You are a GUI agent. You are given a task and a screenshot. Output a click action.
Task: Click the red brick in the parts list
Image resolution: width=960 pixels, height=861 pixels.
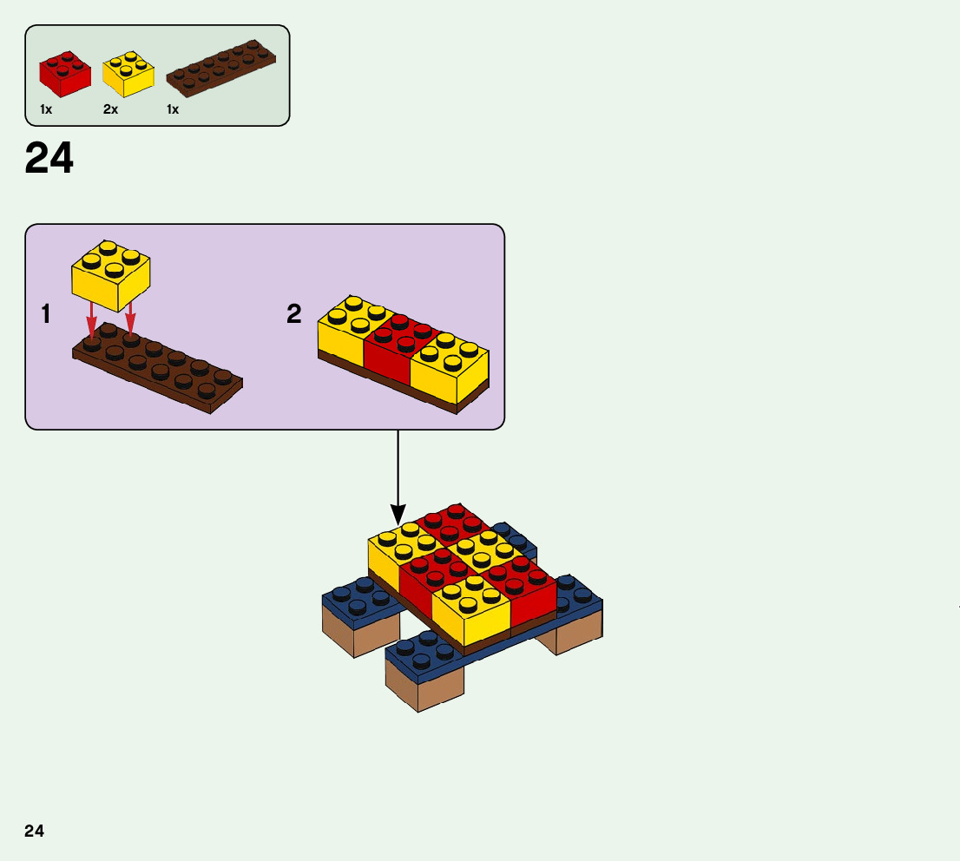tap(65, 73)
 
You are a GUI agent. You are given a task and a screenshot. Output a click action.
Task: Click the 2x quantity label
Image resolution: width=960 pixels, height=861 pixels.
tap(110, 109)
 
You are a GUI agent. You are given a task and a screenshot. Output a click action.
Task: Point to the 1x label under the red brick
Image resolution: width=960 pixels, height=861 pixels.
tap(46, 109)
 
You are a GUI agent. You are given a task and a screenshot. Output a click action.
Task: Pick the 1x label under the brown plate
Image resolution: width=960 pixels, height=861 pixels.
tap(173, 109)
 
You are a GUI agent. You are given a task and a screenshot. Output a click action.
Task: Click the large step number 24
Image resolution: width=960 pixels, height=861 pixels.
tap(49, 159)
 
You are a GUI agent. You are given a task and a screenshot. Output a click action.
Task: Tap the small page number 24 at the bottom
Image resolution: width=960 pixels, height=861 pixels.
tap(34, 831)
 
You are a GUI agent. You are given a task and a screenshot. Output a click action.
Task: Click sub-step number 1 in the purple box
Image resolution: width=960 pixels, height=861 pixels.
tap(45, 314)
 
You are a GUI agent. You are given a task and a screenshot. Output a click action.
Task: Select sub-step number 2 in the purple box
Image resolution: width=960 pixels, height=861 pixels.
tap(294, 314)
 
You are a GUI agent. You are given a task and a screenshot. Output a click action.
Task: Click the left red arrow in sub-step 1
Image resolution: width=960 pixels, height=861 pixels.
tap(91, 321)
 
